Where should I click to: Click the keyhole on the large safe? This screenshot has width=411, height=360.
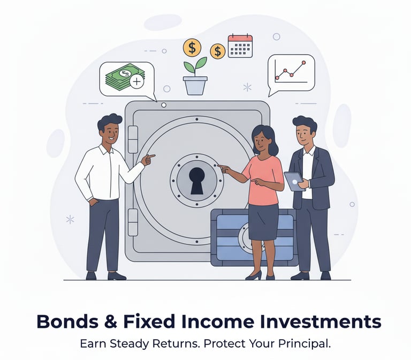(x=197, y=179)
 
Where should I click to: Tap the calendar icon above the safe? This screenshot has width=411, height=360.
(x=240, y=46)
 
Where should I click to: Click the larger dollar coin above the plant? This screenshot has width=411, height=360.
(x=192, y=47)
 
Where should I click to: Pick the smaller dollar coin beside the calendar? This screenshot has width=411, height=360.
(x=217, y=51)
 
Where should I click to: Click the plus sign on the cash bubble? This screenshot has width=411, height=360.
(x=137, y=81)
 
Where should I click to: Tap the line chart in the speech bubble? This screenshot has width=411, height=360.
(x=291, y=71)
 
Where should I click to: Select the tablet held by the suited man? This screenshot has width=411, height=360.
(x=293, y=180)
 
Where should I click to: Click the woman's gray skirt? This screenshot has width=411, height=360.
(x=263, y=221)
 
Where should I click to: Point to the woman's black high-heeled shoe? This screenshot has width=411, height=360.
(x=254, y=275)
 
